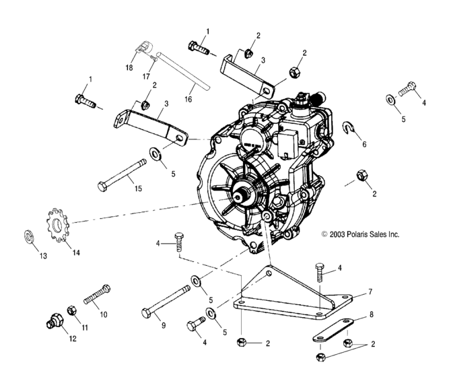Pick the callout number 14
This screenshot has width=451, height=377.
point(76,252)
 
